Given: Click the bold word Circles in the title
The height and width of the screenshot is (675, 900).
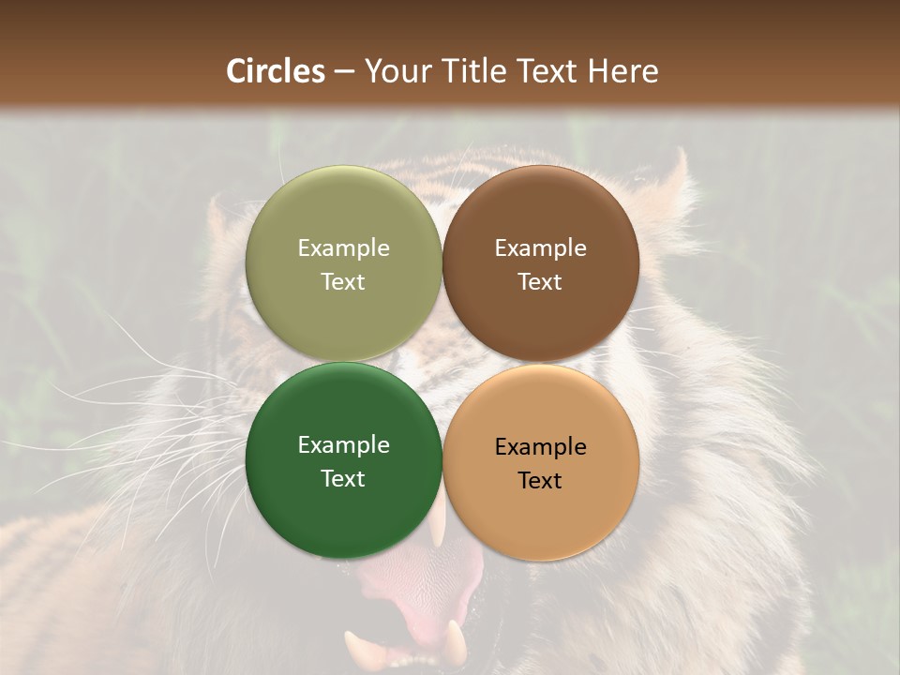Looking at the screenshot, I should click(x=275, y=71).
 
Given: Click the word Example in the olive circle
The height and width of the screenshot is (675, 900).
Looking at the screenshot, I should click(x=343, y=248).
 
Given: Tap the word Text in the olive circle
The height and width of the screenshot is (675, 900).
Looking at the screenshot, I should click(x=343, y=282).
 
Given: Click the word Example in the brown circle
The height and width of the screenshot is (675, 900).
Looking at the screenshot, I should click(x=540, y=248).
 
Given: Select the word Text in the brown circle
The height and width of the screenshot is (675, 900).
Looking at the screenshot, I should click(x=540, y=282).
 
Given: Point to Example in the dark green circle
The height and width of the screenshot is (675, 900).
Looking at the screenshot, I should click(x=343, y=445).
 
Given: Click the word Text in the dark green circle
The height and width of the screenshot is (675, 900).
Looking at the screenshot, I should click(x=343, y=479).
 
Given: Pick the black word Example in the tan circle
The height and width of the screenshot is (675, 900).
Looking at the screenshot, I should click(x=540, y=447).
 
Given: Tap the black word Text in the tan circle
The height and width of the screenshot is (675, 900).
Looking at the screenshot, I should click(x=540, y=481).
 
